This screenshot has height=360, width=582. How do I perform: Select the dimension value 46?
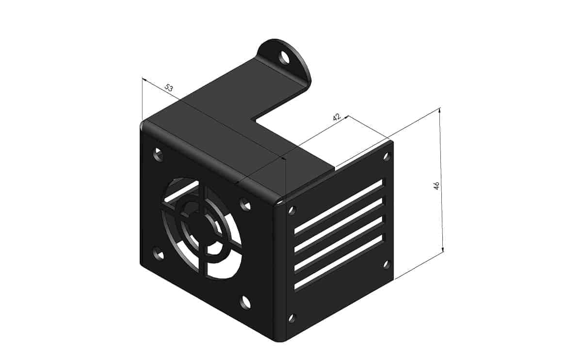(436, 185)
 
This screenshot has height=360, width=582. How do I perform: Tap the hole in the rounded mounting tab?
(284, 58)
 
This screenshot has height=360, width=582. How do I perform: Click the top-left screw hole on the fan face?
(158, 154)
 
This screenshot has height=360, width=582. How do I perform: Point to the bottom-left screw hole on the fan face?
(158, 253)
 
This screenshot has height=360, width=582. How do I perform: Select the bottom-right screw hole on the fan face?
(245, 302)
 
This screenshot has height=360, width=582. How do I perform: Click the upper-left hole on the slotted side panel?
(292, 211)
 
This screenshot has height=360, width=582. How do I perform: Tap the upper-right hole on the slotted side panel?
(387, 156)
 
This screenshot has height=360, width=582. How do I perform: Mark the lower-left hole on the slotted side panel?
(291, 318)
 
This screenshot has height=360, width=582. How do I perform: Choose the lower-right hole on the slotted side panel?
(387, 264)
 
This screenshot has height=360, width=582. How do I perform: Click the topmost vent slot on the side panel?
(339, 206)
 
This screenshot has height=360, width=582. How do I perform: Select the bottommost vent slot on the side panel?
(339, 262)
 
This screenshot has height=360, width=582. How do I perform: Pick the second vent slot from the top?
(339, 225)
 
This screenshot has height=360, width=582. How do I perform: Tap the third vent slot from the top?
(339, 244)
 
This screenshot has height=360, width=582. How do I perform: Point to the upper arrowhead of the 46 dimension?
(440, 111)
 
